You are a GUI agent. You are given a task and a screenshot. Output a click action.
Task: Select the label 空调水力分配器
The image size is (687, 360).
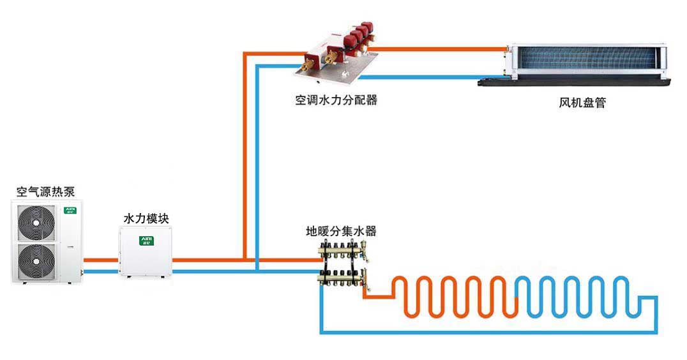click(336, 100)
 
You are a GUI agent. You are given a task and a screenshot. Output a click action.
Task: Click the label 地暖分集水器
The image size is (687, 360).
click(342, 232)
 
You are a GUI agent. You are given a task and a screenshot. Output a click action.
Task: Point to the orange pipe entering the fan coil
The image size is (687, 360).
click(441, 48)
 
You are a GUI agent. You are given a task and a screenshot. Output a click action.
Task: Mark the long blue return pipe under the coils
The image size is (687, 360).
click(485, 331)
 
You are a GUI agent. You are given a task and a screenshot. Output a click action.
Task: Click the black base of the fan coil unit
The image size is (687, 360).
click(575, 82)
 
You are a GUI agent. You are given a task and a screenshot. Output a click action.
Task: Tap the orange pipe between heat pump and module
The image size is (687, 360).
click(101, 260)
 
